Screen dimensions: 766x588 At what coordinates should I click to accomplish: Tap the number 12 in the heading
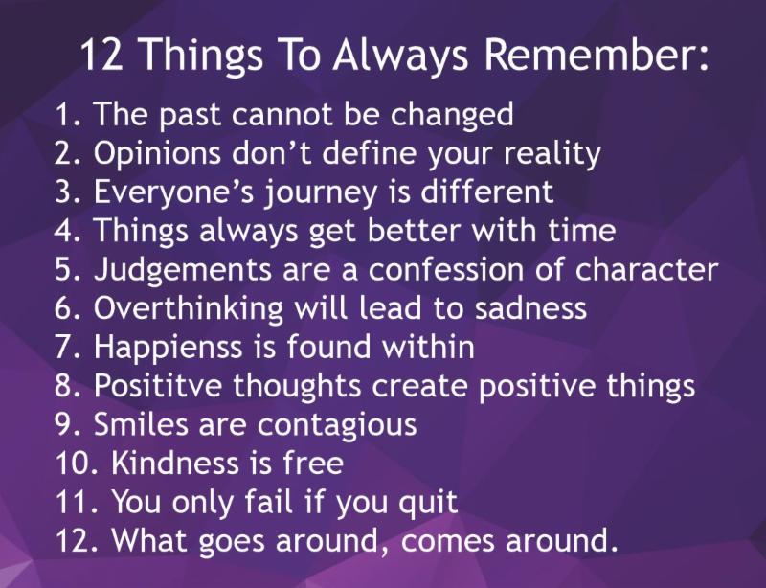click(x=101, y=54)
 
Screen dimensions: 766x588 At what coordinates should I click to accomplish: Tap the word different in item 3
click(x=486, y=191)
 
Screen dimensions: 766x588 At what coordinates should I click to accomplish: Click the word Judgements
click(x=183, y=271)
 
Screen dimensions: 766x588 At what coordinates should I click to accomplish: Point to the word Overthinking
click(x=188, y=310)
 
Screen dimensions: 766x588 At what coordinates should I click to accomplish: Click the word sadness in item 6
click(x=530, y=308)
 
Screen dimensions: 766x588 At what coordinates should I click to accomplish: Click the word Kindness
click(x=175, y=463)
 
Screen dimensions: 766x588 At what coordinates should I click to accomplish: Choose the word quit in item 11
click(x=428, y=504)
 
